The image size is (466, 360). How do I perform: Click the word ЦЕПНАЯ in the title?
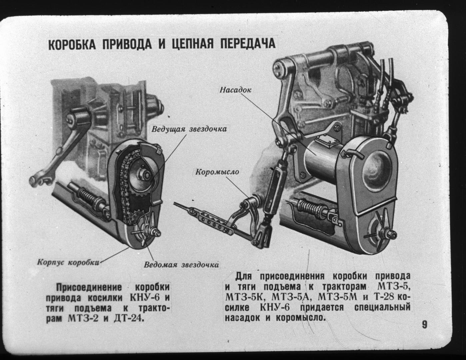(x=193, y=44)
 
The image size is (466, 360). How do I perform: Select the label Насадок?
(x=235, y=90)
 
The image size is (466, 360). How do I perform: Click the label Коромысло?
(x=217, y=172)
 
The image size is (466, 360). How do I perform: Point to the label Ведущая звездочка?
(x=189, y=129)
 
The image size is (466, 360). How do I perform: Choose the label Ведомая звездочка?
(x=181, y=265)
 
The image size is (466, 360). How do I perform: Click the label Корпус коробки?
(x=69, y=262)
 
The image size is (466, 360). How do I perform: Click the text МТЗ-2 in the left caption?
(x=83, y=319)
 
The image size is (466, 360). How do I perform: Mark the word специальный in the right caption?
(x=382, y=307)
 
